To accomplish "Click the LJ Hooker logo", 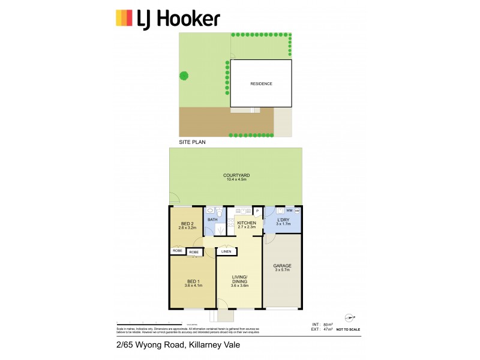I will click(167, 18).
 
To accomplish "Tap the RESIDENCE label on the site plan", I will click(261, 84).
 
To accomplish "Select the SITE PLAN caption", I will click(193, 143).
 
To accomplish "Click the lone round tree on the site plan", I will click(184, 76).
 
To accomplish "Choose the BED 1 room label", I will click(192, 281).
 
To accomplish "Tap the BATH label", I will click(212, 220).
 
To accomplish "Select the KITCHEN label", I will click(246, 223).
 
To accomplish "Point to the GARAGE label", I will click(282, 267).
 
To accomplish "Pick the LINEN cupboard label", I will click(226, 251).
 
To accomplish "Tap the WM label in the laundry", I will click(289, 211).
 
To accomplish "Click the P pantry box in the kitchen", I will click(256, 211).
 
